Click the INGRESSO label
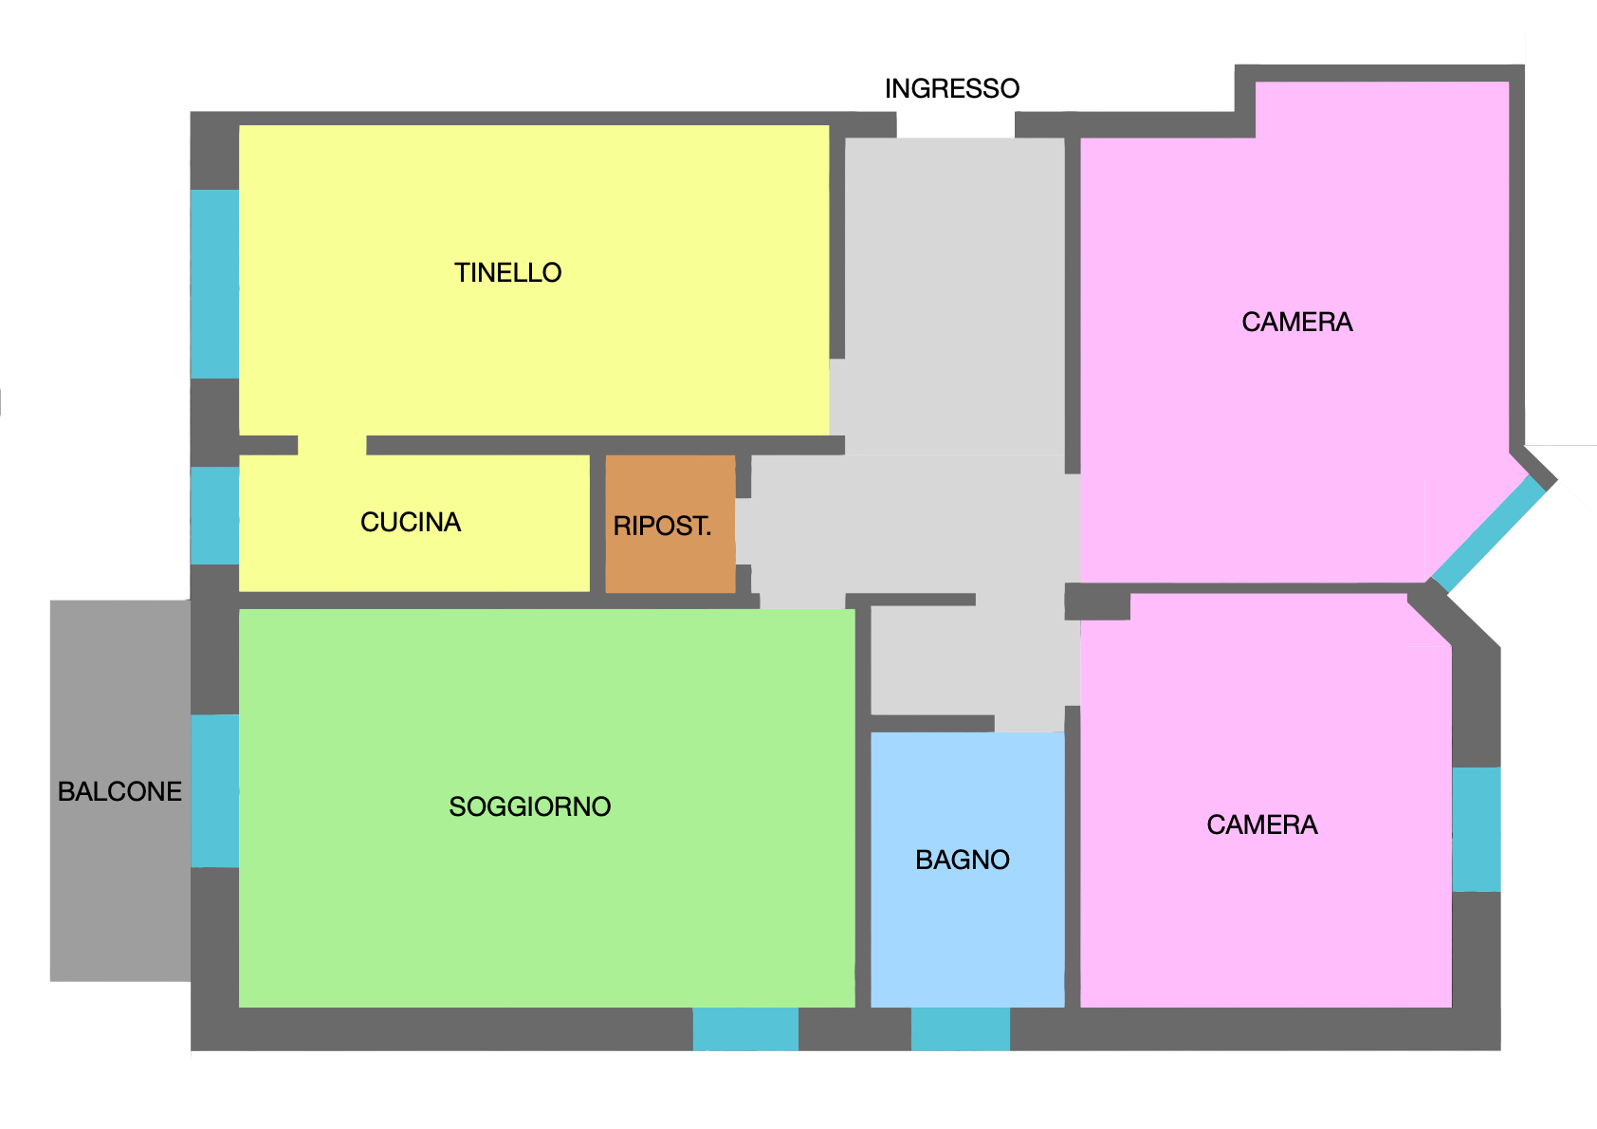(952, 88)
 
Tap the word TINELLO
(507, 272)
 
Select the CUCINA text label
(411, 522)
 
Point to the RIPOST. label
(662, 527)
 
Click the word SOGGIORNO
(530, 806)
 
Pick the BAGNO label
(963, 861)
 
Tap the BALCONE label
(119, 791)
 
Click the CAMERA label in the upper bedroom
(1296, 323)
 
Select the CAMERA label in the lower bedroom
(1262, 825)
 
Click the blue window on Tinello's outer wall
(214, 284)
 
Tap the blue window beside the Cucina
(214, 516)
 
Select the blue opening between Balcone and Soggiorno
(214, 791)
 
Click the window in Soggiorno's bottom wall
(745, 1029)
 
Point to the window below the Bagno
(961, 1029)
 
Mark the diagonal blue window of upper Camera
(1489, 534)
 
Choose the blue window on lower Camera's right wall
(1477, 829)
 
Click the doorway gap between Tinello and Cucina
(332, 445)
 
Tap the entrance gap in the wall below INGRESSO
(955, 125)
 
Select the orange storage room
(670, 525)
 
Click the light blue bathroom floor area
(967, 870)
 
